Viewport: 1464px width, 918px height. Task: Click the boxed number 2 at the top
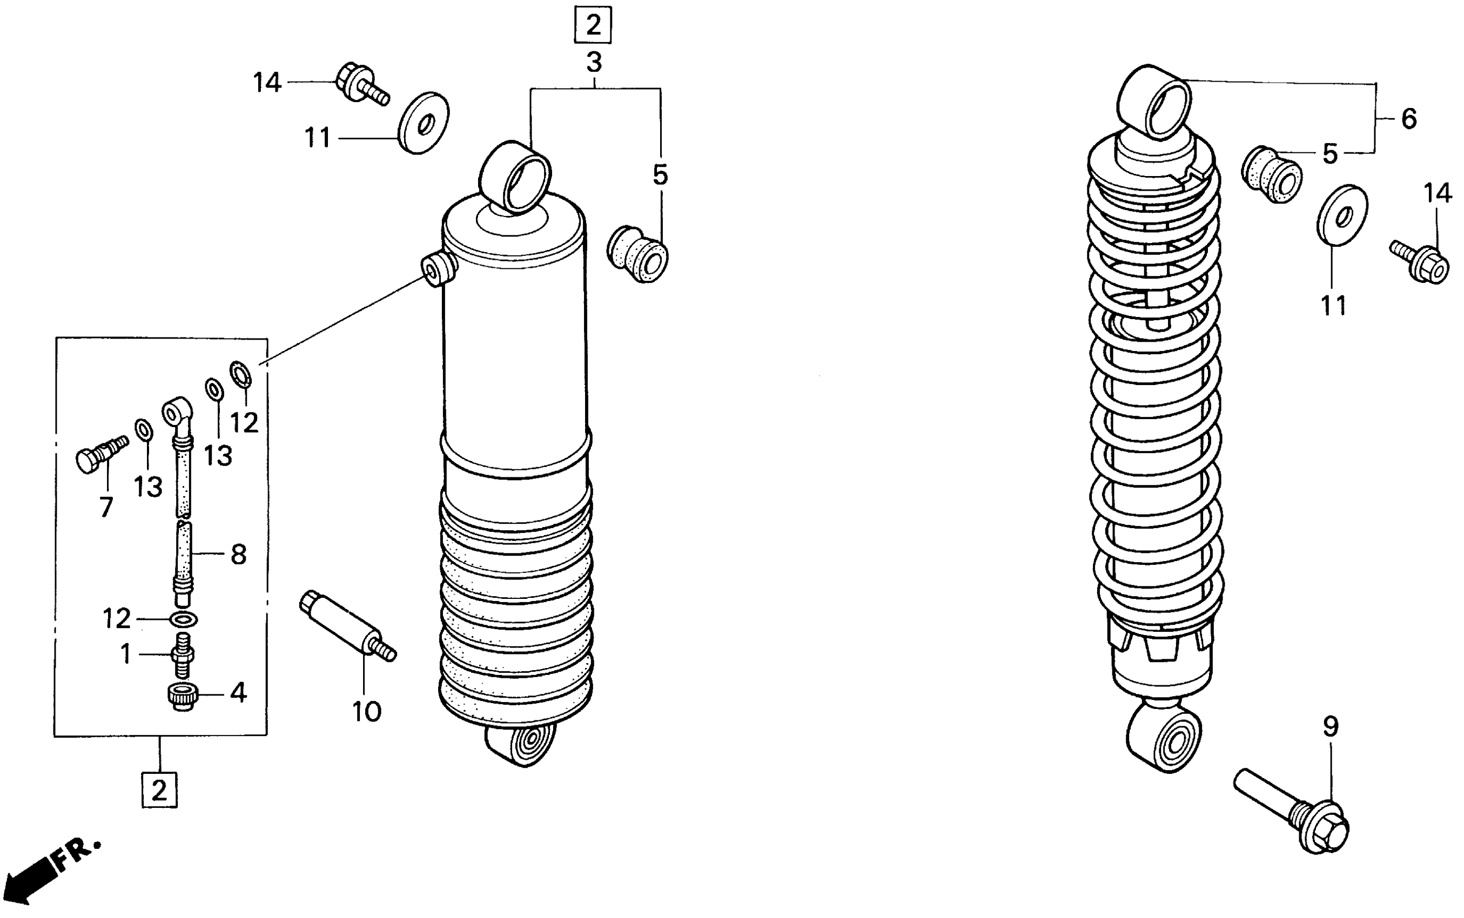click(x=592, y=25)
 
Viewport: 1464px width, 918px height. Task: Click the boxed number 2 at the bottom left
click(x=159, y=790)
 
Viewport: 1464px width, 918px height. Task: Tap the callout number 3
click(x=594, y=63)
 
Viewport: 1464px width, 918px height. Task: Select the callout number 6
click(x=1409, y=118)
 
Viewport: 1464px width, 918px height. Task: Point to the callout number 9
click(x=1330, y=726)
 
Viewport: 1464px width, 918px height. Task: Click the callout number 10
click(x=367, y=712)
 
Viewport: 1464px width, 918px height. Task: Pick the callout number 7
click(x=106, y=507)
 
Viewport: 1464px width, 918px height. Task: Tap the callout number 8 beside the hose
click(x=238, y=555)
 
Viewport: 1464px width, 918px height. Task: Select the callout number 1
click(x=126, y=654)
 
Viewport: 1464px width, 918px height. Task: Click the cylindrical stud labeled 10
click(x=347, y=625)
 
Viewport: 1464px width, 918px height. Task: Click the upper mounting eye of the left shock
click(x=515, y=176)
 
